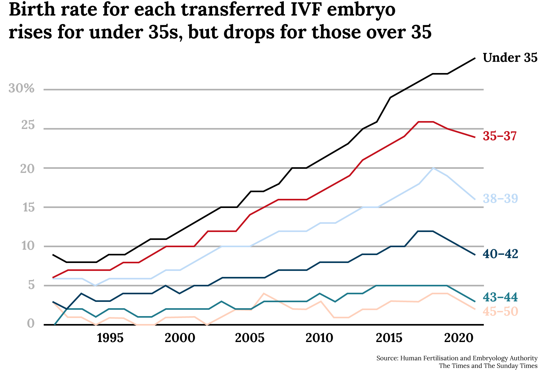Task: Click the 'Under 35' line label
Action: click(510, 58)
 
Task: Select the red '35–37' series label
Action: click(500, 136)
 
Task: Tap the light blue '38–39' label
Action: click(500, 199)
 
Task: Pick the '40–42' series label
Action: click(500, 254)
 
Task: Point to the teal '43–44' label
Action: click(500, 297)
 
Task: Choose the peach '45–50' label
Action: click(500, 312)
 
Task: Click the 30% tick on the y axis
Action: click(21, 89)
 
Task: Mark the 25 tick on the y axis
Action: click(28, 126)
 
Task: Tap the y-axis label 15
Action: click(28, 208)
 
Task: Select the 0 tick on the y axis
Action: click(31, 324)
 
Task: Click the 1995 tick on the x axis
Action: click(110, 338)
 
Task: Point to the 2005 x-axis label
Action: click(250, 338)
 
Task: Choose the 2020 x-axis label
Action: click(459, 338)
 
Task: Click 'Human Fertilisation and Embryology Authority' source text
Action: click(468, 358)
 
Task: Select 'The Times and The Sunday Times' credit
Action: click(488, 366)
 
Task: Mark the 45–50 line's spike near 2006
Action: click(264, 294)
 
